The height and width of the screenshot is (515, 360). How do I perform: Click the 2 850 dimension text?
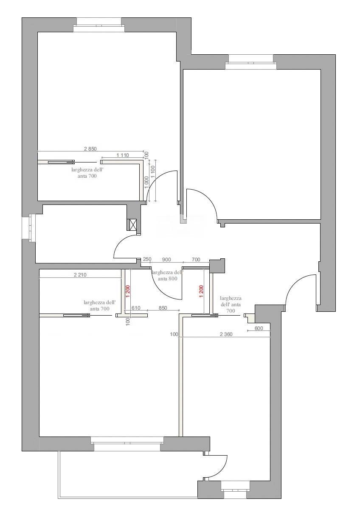pos(90,148)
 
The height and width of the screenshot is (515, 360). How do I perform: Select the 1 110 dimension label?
pos(122,155)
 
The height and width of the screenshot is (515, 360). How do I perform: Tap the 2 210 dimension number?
pos(80,275)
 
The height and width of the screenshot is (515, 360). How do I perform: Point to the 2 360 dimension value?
pos(226,334)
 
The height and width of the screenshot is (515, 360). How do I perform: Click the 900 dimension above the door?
pos(166,259)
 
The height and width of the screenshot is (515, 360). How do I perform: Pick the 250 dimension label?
pos(147,259)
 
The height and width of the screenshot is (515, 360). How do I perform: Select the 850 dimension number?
pos(163,308)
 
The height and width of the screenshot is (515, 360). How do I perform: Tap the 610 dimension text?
pos(136,308)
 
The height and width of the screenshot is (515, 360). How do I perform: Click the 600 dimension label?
pos(259,328)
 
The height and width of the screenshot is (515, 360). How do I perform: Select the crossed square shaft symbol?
pos(132,225)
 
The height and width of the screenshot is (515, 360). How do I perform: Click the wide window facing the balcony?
pos(127,444)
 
